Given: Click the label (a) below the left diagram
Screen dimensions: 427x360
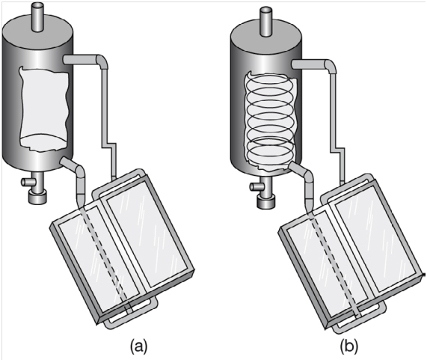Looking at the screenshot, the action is coord(139,346).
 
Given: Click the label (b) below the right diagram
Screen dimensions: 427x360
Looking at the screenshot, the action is coord(348,346).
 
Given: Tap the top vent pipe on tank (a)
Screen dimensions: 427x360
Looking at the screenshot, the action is coord(37,16).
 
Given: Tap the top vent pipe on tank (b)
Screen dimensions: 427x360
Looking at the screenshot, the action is coord(265,21).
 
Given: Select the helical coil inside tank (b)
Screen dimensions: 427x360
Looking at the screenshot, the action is coord(270,118).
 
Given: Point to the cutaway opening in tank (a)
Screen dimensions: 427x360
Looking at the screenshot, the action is coord(43,109).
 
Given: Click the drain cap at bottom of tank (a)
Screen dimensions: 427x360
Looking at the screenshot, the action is coord(37,198).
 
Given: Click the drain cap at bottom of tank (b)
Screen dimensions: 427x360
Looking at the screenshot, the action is coord(265,203).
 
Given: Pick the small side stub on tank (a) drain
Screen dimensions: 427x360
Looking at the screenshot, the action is coord(26,182).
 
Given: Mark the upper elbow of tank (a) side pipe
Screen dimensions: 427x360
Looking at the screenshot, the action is coord(102,61).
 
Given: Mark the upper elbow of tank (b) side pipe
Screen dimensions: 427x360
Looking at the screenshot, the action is coord(331,66).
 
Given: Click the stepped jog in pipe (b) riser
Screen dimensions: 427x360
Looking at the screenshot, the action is coord(337,150).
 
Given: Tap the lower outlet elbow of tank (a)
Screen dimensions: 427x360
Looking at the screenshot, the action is coord(79,171).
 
